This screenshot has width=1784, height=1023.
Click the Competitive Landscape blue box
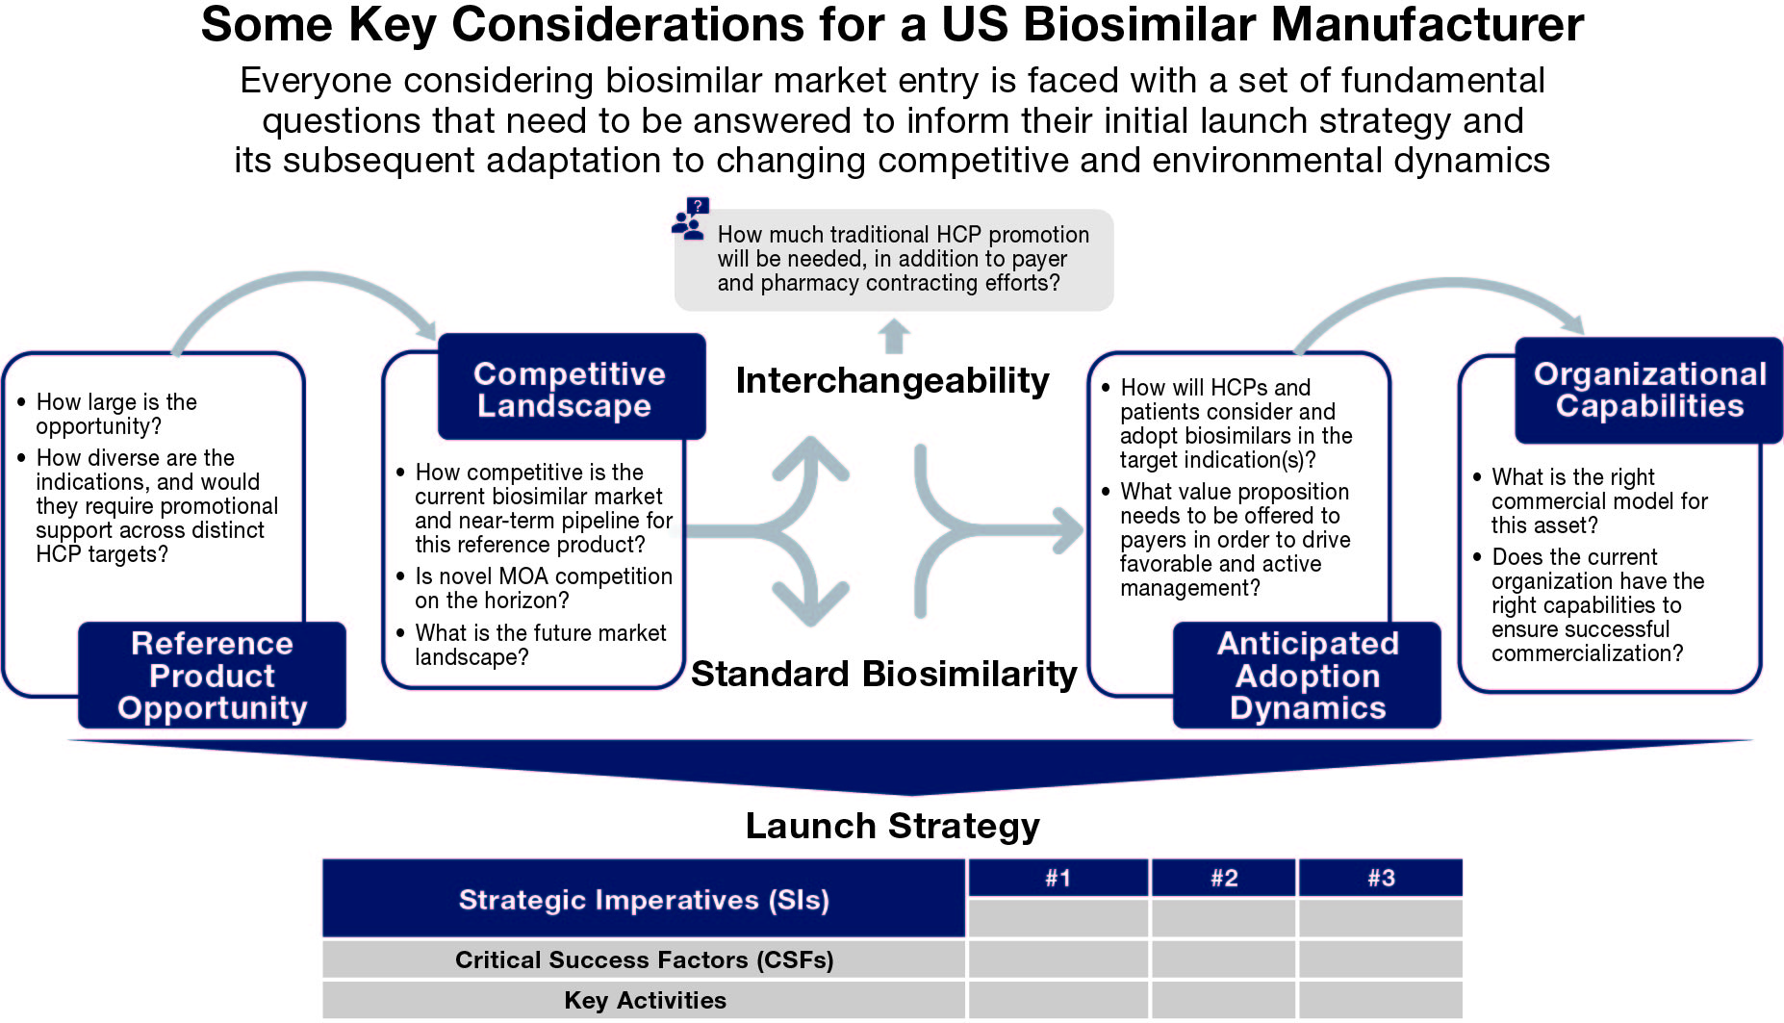[571, 388]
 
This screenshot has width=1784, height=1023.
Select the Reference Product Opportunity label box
[212, 675]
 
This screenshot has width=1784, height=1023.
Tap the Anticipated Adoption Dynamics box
[1307, 675]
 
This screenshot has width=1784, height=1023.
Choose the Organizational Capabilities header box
[1648, 390]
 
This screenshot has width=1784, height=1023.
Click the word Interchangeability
[892, 381]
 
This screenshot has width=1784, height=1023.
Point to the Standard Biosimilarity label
[883, 674]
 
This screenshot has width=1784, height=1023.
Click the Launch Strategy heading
[892, 826]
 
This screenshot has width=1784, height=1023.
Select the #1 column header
[1058, 878]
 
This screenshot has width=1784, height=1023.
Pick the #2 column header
[1223, 878]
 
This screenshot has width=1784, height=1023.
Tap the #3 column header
[1380, 878]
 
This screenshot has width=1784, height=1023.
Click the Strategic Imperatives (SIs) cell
[643, 900]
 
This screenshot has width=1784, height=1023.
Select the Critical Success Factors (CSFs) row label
[643, 959]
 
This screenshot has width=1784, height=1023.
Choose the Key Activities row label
[643, 1000]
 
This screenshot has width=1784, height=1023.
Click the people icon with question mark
[690, 219]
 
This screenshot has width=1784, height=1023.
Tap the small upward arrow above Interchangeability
[894, 337]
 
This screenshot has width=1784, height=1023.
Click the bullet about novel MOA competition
[543, 588]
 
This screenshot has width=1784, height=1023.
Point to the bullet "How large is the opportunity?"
[115, 414]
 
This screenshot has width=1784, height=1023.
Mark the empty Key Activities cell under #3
[1380, 1000]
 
